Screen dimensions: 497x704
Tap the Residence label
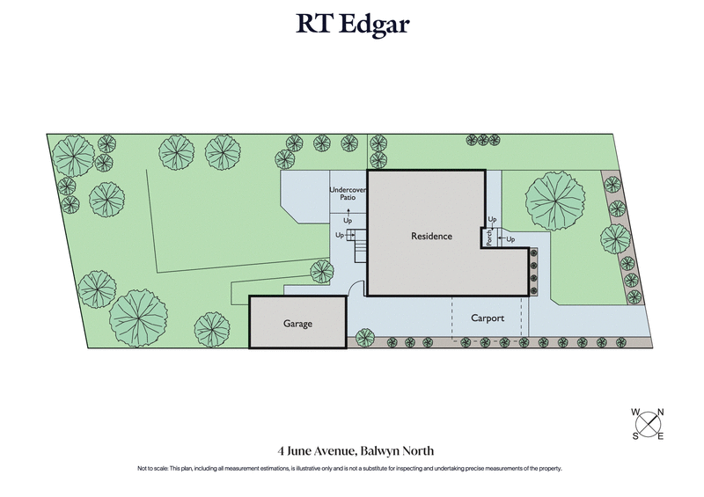point(431,236)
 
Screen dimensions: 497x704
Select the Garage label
point(297,324)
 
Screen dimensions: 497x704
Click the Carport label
point(487,318)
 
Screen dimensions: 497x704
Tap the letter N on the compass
point(661,412)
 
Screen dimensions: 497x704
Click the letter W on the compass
point(634,412)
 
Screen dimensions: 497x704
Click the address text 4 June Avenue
point(318,451)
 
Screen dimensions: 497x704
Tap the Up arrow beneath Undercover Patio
point(348,214)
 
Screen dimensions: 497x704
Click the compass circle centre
point(648,424)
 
